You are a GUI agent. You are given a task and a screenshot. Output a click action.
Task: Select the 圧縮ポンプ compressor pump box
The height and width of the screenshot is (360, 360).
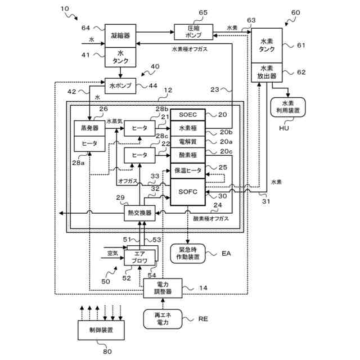click(x=193, y=31)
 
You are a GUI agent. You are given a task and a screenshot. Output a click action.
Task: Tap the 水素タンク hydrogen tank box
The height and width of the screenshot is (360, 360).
click(x=267, y=47)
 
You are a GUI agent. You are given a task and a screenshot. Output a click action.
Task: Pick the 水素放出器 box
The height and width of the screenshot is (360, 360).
click(x=267, y=75)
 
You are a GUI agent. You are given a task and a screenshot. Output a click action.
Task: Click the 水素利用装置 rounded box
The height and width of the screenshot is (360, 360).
click(x=287, y=107)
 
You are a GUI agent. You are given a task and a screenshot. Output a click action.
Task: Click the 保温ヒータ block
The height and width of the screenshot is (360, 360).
click(x=187, y=169)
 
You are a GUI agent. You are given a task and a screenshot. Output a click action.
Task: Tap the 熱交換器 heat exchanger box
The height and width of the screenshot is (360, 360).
click(x=139, y=213)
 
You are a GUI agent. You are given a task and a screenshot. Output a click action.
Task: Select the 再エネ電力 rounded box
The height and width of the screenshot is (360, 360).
click(x=163, y=319)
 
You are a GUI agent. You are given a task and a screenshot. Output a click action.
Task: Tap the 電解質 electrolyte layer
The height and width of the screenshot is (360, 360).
click(x=187, y=141)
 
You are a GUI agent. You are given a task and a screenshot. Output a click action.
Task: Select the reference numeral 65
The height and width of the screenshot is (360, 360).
click(x=203, y=12)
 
